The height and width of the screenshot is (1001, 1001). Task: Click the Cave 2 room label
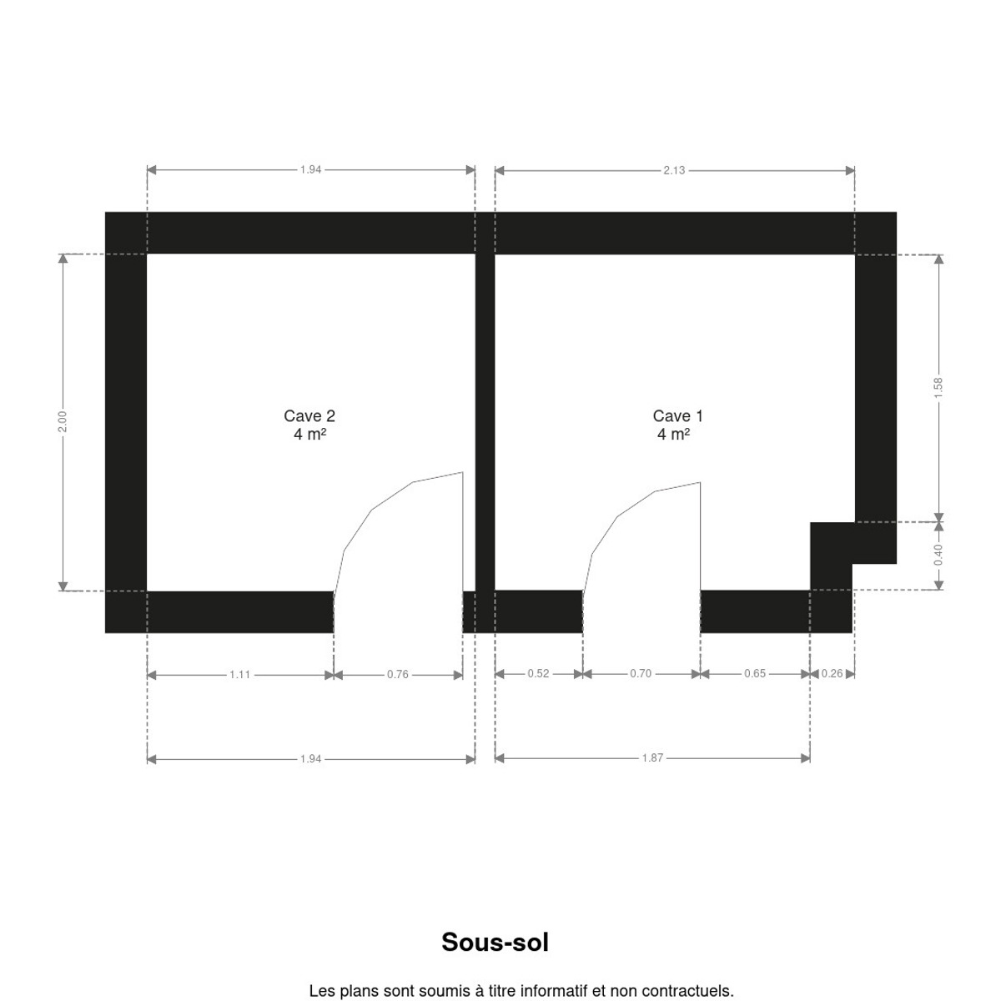point(309,415)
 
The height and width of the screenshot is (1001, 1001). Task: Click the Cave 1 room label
point(677,415)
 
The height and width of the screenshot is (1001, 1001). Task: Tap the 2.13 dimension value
point(674,170)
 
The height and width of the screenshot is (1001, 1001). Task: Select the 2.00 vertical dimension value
point(63,422)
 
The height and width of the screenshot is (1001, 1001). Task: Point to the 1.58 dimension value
point(938,388)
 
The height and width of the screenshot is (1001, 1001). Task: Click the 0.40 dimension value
point(938,555)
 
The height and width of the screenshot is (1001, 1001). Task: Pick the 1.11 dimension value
point(240,675)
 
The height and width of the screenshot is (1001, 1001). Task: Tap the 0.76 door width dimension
point(397,674)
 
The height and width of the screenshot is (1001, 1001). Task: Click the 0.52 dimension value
point(538,674)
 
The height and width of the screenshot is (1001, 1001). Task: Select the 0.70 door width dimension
point(641,674)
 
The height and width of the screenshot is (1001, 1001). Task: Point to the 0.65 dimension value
point(755,674)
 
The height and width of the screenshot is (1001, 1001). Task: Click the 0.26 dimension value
point(832,674)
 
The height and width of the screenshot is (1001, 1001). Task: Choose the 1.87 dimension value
point(652,758)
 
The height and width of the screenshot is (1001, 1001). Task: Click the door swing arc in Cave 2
point(372,511)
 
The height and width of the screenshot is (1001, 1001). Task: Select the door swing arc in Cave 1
point(618,516)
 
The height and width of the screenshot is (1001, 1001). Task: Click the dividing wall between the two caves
point(485,422)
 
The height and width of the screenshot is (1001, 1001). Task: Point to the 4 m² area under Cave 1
point(673,435)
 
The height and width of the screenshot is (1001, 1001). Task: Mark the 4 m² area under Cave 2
point(309,435)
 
